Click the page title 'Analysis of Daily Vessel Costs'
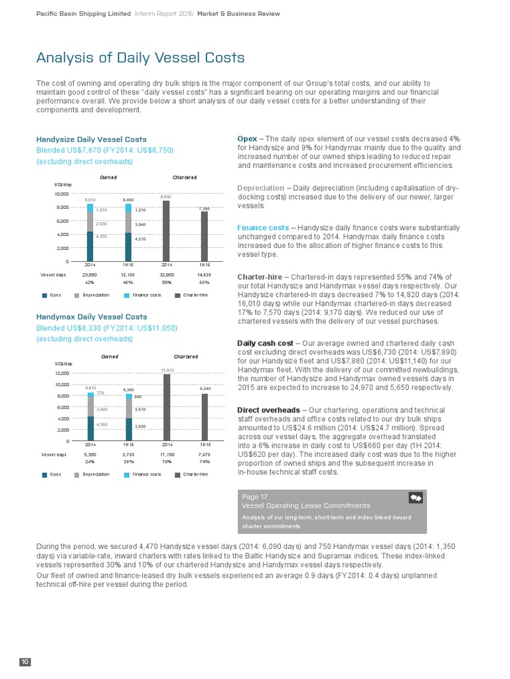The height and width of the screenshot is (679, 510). coord(140,58)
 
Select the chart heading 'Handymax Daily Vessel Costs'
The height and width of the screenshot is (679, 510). coord(91,317)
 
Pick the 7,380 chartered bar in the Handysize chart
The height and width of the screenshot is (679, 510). coord(205,236)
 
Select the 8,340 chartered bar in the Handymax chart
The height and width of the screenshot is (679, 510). coord(205,417)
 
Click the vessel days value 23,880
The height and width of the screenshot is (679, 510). coord(89,274)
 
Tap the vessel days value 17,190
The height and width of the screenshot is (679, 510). coord(166,454)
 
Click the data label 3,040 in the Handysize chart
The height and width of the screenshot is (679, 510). coord(140,225)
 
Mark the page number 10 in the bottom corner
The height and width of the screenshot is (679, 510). coord(25,662)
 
